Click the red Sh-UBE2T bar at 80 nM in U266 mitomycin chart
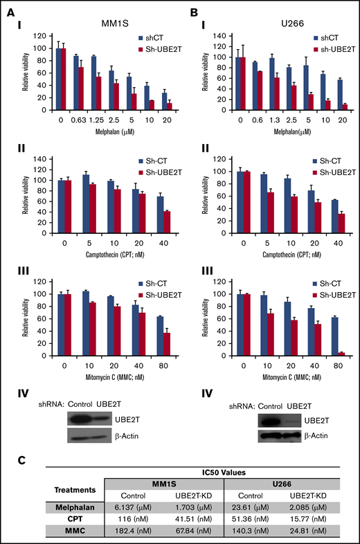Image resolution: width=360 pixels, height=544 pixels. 323,354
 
